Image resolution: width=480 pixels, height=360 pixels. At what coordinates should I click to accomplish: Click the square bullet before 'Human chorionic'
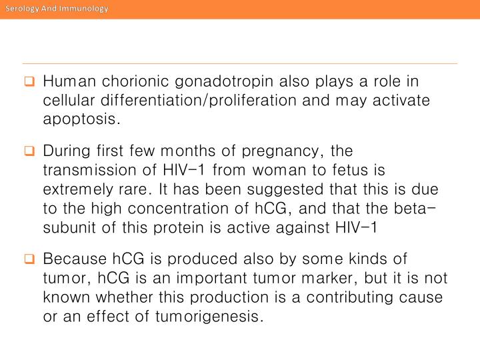[29, 83]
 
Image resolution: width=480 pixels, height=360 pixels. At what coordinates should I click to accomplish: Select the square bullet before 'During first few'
[29, 152]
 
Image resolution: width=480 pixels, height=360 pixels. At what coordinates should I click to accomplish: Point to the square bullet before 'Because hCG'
[29, 259]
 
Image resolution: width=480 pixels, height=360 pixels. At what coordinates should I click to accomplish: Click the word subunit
[68, 227]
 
